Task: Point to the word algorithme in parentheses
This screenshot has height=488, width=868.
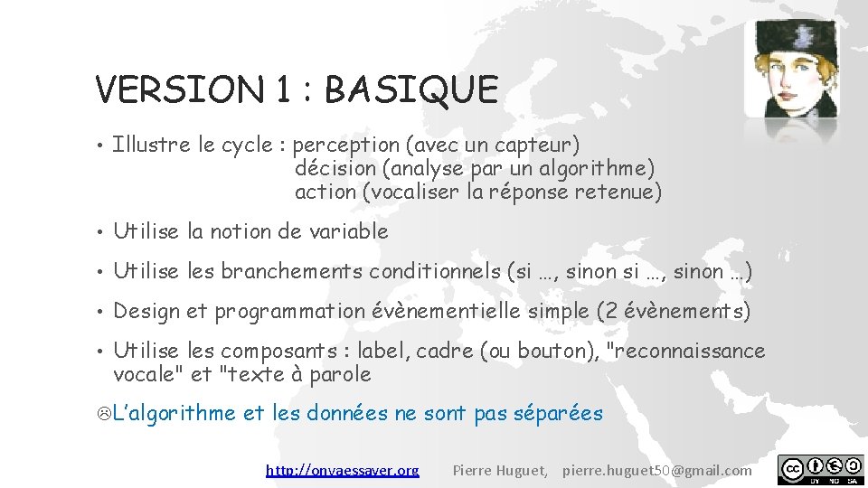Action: (x=606, y=168)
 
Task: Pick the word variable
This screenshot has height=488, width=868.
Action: (x=348, y=231)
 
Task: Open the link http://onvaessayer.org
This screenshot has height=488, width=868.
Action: (x=343, y=470)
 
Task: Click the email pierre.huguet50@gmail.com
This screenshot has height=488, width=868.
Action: (x=656, y=470)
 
